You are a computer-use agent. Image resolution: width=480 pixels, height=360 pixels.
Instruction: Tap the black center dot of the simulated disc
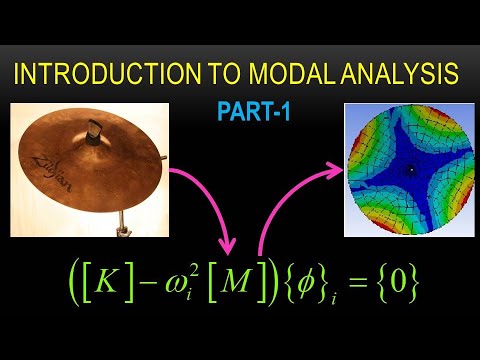point(408,169)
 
